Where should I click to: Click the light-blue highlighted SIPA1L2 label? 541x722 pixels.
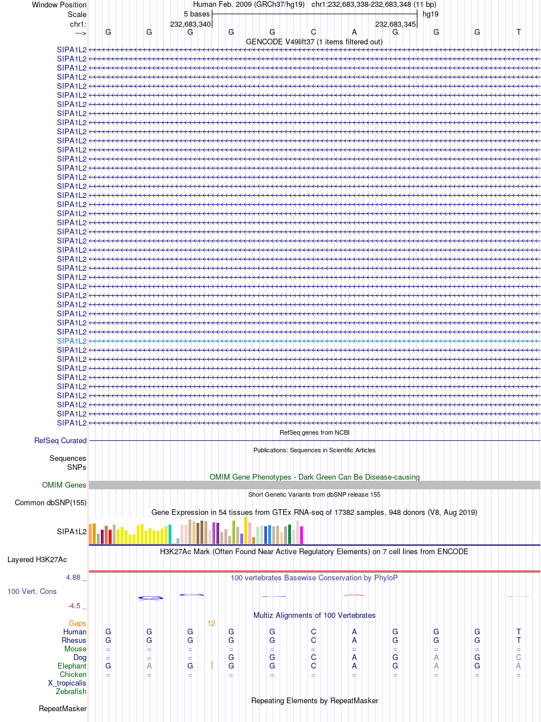pos(72,341)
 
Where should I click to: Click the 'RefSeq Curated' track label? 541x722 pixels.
pos(60,440)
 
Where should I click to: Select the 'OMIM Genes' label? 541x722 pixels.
pos(64,485)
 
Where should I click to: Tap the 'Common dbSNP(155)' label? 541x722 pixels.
pos(51,502)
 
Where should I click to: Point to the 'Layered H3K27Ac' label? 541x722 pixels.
pos(37,559)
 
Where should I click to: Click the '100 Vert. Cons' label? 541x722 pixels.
pos(32,591)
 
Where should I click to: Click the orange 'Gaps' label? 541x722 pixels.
pos(77,623)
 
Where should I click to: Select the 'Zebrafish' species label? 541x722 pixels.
pos(71,691)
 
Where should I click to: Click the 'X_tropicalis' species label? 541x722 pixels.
pos(67,683)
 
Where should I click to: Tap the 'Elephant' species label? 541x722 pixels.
pos(72,666)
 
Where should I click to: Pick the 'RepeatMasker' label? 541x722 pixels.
pos(63,708)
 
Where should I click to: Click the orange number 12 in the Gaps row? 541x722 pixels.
pos(211,624)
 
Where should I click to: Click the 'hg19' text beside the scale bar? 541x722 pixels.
pos(431,14)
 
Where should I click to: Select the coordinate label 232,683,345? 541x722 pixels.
pos(396,24)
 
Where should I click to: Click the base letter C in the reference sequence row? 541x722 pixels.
pos(313,32)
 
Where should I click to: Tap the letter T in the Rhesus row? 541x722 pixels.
pos(519,641)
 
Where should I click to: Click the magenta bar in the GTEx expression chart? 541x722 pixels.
pos(301,535)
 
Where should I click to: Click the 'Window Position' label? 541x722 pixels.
pos(59,5)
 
